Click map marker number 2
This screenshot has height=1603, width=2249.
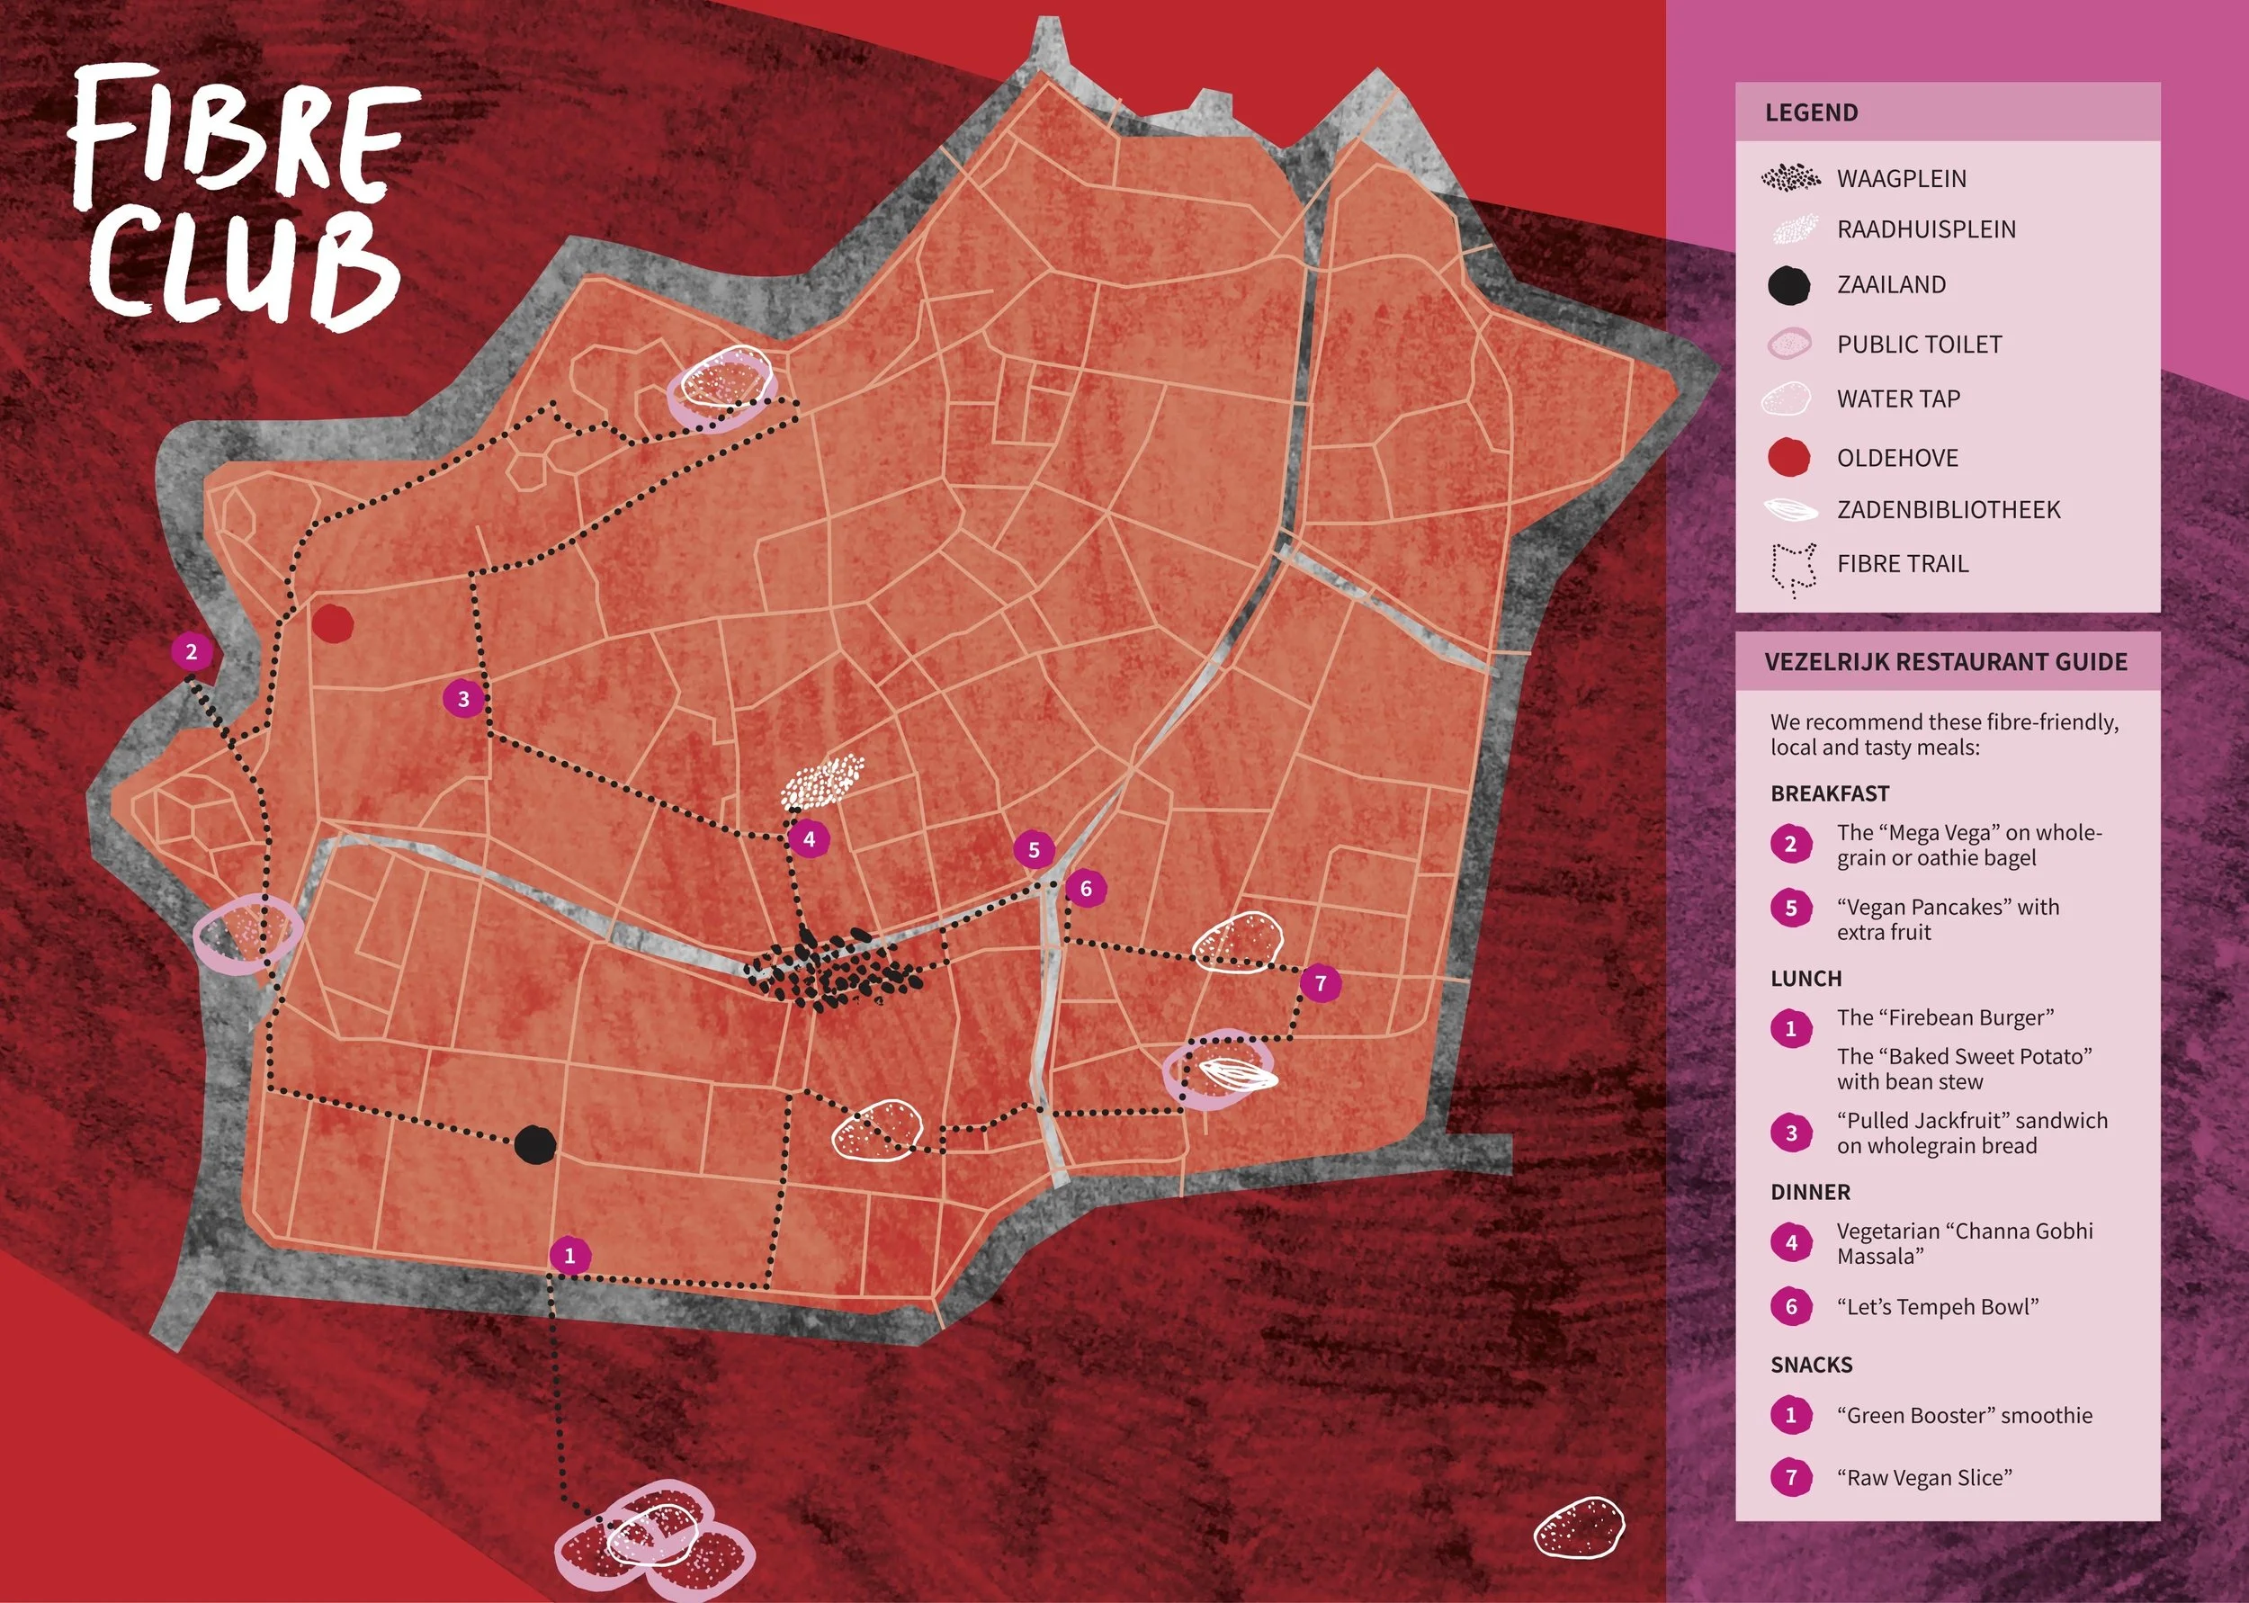(x=192, y=651)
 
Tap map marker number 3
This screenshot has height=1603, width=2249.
(x=464, y=699)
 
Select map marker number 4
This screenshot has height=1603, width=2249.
(x=810, y=839)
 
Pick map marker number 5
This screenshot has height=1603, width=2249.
(x=1035, y=849)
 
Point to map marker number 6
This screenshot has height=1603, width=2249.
(x=1086, y=887)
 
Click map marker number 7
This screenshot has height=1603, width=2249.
(x=1321, y=982)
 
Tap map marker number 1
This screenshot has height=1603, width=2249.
(x=569, y=1256)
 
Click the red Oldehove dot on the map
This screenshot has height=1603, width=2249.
(x=333, y=623)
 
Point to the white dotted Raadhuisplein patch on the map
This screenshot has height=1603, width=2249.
(x=822, y=782)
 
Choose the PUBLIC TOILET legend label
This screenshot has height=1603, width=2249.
(x=1919, y=345)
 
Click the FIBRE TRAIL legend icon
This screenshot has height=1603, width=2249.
(x=1792, y=568)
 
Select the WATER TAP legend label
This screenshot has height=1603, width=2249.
(x=1897, y=399)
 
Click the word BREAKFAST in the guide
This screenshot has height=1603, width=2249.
(x=1829, y=793)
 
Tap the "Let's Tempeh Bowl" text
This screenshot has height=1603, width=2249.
(x=1937, y=1307)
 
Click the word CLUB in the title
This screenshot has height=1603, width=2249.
(x=246, y=266)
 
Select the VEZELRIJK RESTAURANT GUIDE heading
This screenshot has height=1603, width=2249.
(x=1945, y=661)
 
